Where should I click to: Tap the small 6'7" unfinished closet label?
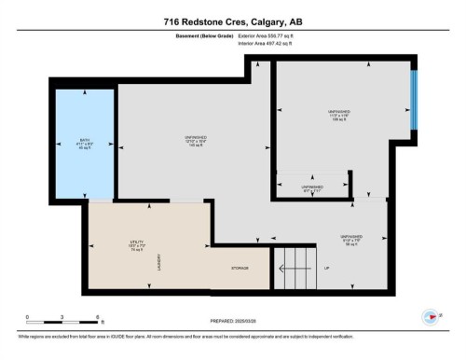pyautogui.click(x=311, y=189)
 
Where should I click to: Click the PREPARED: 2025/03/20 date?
pyautogui.click(x=232, y=324)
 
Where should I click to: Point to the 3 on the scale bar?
pyautogui.click(x=61, y=317)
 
